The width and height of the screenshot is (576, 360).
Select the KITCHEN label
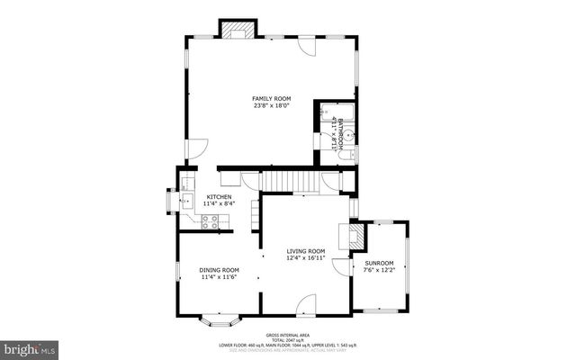pos(219,197)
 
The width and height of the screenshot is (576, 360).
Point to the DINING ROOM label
pos(219,270)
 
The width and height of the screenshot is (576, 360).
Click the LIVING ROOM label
pos(306,251)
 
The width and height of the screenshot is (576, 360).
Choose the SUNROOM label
pos(379,263)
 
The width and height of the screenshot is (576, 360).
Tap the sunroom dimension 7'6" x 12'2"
pos(379,270)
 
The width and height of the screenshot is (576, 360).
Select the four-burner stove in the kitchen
pos(210,221)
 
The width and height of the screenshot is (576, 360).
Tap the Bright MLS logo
pos(30,347)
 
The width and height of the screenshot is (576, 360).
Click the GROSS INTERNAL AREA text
pos(288,333)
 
